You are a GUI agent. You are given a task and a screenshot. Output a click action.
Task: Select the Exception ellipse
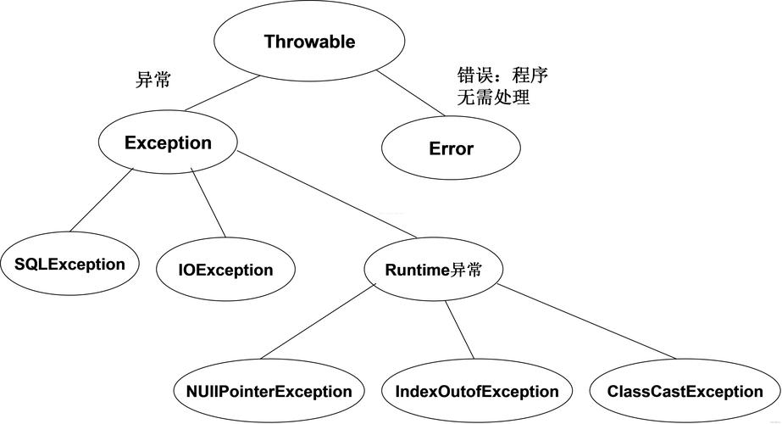[167, 142]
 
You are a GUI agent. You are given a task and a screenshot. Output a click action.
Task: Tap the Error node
[450, 149]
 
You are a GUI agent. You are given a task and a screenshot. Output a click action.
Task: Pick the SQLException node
[69, 264]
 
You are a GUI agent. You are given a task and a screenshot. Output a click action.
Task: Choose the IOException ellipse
[225, 271]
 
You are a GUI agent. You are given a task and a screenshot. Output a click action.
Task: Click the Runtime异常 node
[433, 270]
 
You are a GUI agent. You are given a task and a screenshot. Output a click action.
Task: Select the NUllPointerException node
[269, 392]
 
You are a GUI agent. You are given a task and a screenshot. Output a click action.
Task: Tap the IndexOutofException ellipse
[477, 392]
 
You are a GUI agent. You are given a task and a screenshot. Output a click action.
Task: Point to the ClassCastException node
[685, 392]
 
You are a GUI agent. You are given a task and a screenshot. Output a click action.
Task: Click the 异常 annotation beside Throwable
[153, 81]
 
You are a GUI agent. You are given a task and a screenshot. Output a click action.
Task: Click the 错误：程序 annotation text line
[502, 75]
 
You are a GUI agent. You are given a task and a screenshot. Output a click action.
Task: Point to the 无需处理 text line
[493, 98]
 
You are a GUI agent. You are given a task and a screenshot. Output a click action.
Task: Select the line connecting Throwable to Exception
[222, 93]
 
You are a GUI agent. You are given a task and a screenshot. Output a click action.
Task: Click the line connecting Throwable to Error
[411, 93]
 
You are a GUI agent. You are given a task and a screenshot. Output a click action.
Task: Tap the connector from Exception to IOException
[208, 202]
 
